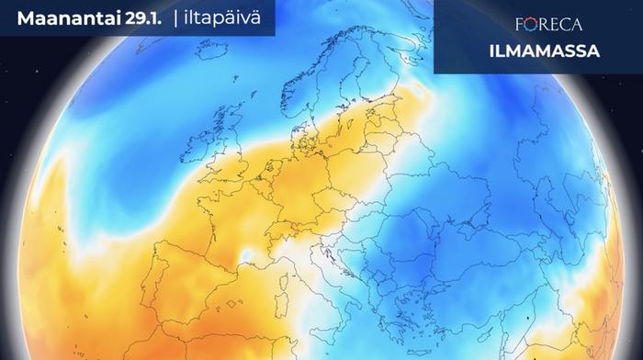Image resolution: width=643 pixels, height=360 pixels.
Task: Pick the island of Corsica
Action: (x=293, y=269)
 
